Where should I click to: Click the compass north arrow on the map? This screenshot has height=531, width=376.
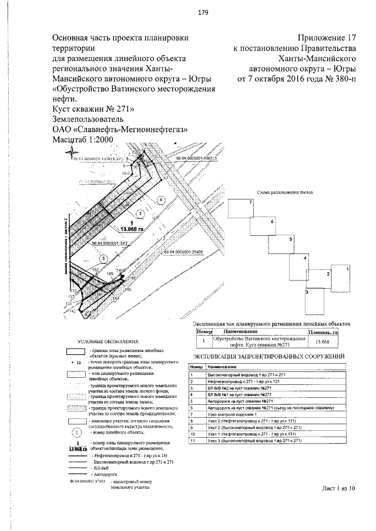pos(72,154)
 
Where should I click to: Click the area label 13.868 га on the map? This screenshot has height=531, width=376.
pos(132,229)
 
